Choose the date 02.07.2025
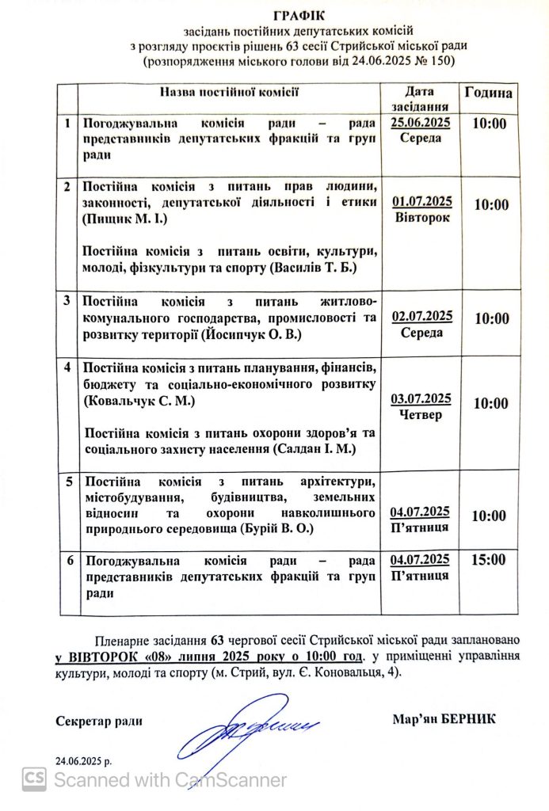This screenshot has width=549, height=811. (421, 316)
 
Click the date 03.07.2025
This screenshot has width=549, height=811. (421, 398)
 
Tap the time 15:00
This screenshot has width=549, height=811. (488, 560)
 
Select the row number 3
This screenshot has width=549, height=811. (68, 302)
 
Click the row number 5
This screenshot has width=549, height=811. (68, 481)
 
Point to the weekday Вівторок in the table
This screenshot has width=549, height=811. (421, 216)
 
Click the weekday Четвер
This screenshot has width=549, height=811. (421, 414)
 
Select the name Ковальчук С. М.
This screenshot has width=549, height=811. (139, 402)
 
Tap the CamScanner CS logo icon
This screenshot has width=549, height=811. (33, 779)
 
